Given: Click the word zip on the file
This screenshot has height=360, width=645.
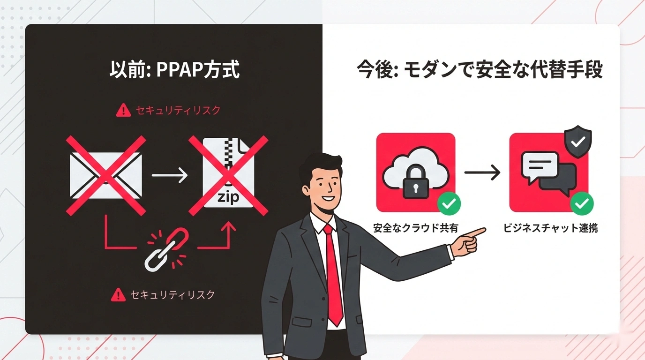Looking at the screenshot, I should [228, 197].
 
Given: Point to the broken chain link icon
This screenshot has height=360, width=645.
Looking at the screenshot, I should [167, 249].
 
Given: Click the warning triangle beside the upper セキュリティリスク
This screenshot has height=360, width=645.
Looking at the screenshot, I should [123, 111].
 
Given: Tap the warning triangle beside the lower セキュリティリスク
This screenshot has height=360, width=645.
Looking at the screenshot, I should [118, 295].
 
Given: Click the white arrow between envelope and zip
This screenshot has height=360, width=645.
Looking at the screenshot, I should [170, 176].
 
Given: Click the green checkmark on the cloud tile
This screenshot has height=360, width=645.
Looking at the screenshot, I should [449, 203].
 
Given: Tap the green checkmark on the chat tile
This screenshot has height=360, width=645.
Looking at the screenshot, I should [582, 203].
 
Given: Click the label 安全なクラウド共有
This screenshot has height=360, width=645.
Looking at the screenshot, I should [416, 228].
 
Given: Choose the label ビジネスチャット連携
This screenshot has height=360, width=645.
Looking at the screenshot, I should [550, 228].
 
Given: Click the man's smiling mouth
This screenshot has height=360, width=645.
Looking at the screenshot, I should [329, 198].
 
